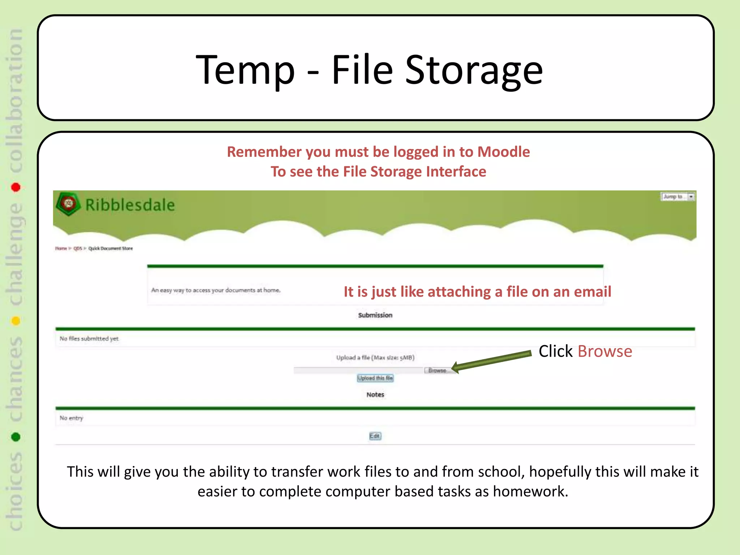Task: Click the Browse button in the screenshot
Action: pyautogui.click(x=437, y=370)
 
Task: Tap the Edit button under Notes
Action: pyautogui.click(x=375, y=436)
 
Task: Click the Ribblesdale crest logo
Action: pyautogui.click(x=68, y=204)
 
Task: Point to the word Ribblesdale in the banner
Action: pyautogui.click(x=130, y=205)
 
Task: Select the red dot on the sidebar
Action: pyautogui.click(x=16, y=187)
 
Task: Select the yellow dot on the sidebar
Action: pyautogui.click(x=16, y=321)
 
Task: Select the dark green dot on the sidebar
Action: pyautogui.click(x=16, y=437)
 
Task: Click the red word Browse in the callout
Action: pyautogui.click(x=605, y=351)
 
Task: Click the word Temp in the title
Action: pyautogui.click(x=245, y=70)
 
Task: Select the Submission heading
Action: pyautogui.click(x=375, y=315)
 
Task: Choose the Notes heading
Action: pyautogui.click(x=375, y=395)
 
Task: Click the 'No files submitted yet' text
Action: pyautogui.click(x=89, y=339)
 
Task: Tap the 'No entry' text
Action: pyautogui.click(x=71, y=418)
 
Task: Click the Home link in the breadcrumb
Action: pyautogui.click(x=61, y=249)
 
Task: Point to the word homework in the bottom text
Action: pyautogui.click(x=530, y=491)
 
